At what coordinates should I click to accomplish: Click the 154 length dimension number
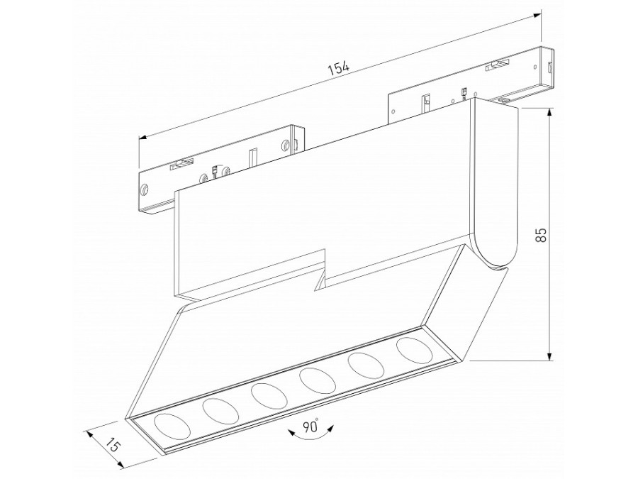(339, 68)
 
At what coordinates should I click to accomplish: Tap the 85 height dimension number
(540, 235)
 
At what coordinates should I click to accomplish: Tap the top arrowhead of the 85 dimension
(550, 112)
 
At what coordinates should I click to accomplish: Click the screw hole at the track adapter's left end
(144, 190)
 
